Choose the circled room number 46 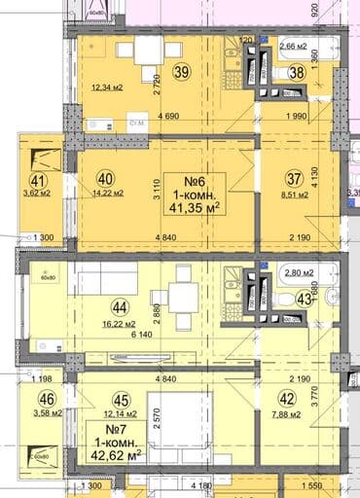pos(45,399)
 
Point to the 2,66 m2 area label pos(295,46)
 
